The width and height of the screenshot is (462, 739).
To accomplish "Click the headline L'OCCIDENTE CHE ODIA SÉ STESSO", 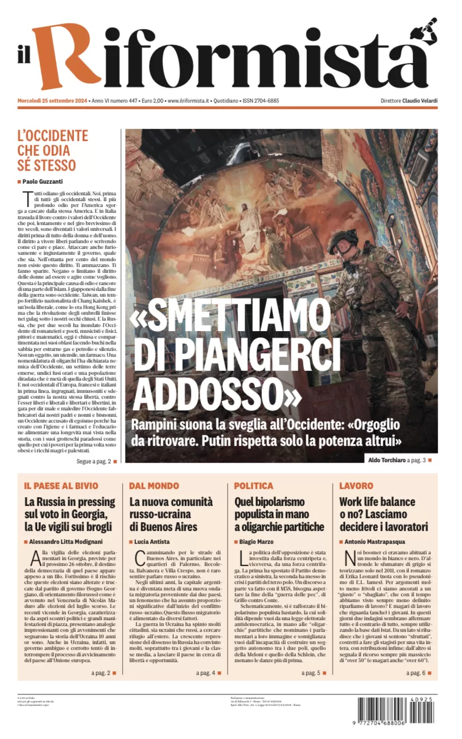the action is [x=52, y=151].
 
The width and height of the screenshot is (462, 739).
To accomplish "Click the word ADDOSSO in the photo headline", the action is [x=216, y=396].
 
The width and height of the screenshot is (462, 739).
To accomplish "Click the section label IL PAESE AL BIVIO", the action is [x=61, y=485].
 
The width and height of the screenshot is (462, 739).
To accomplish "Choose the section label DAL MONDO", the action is [x=154, y=485].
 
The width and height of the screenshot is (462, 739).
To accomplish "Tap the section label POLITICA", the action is [x=253, y=485].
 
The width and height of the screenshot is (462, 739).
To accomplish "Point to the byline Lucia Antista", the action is [x=152, y=542].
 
